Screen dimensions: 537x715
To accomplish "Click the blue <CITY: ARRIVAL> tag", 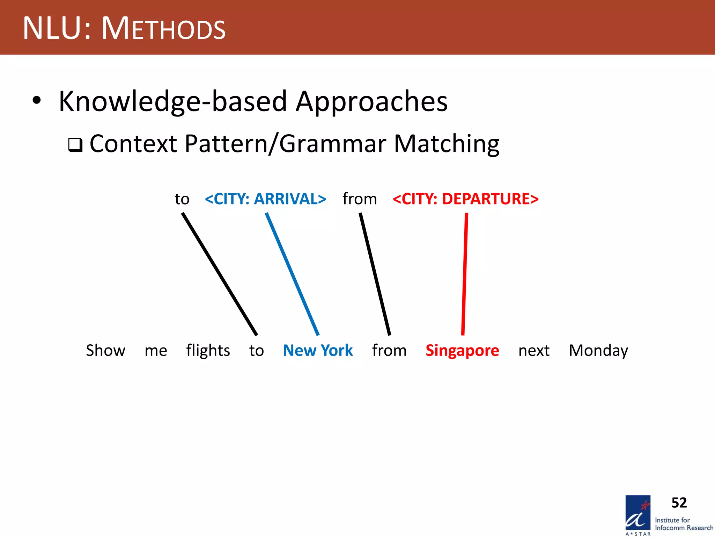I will (265, 199).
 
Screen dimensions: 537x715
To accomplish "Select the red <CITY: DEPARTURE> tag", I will (465, 199).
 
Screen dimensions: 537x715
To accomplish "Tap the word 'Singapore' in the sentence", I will (462, 350).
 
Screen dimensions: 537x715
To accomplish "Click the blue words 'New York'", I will (318, 350).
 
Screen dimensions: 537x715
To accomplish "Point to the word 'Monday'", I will (598, 350).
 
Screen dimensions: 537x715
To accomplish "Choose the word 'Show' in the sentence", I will (105, 350).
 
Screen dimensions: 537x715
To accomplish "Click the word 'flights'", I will (208, 350).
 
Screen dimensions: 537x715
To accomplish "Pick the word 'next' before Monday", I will (534, 350).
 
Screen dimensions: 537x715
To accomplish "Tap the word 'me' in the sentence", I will (156, 350).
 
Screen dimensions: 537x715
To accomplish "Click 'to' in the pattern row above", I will (182, 199).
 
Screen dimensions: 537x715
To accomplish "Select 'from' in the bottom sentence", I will (389, 350).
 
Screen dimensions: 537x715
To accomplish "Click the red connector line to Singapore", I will (465, 274).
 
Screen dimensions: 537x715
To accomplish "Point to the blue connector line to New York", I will (293, 274).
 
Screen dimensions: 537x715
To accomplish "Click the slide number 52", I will (679, 503).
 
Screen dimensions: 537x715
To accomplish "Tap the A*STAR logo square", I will (638, 513).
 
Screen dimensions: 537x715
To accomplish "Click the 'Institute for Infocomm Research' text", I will (684, 524).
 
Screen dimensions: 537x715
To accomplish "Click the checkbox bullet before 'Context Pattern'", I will (75, 145).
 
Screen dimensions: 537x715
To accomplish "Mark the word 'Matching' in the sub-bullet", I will (447, 144).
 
